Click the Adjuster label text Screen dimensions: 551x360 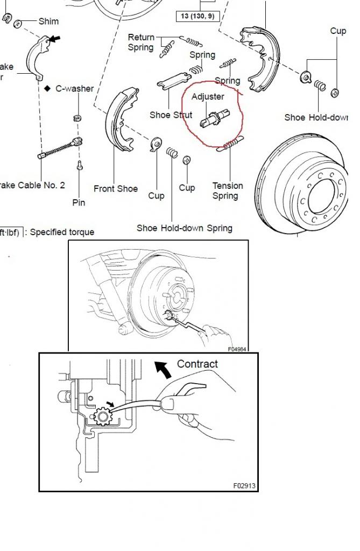208,97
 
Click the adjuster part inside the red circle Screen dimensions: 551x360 215,119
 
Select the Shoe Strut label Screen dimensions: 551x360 171,115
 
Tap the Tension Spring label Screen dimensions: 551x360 227,190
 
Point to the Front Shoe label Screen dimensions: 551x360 115,189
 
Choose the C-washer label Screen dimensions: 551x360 75,88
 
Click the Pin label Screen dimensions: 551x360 79,203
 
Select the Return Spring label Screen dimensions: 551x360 141,42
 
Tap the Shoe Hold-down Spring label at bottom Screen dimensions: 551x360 184,228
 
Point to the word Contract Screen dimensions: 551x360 197,364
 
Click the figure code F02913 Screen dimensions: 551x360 244,485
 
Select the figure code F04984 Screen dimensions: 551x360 237,349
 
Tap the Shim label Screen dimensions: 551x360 48,22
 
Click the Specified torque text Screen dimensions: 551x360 62,232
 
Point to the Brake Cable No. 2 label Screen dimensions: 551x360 32,185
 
